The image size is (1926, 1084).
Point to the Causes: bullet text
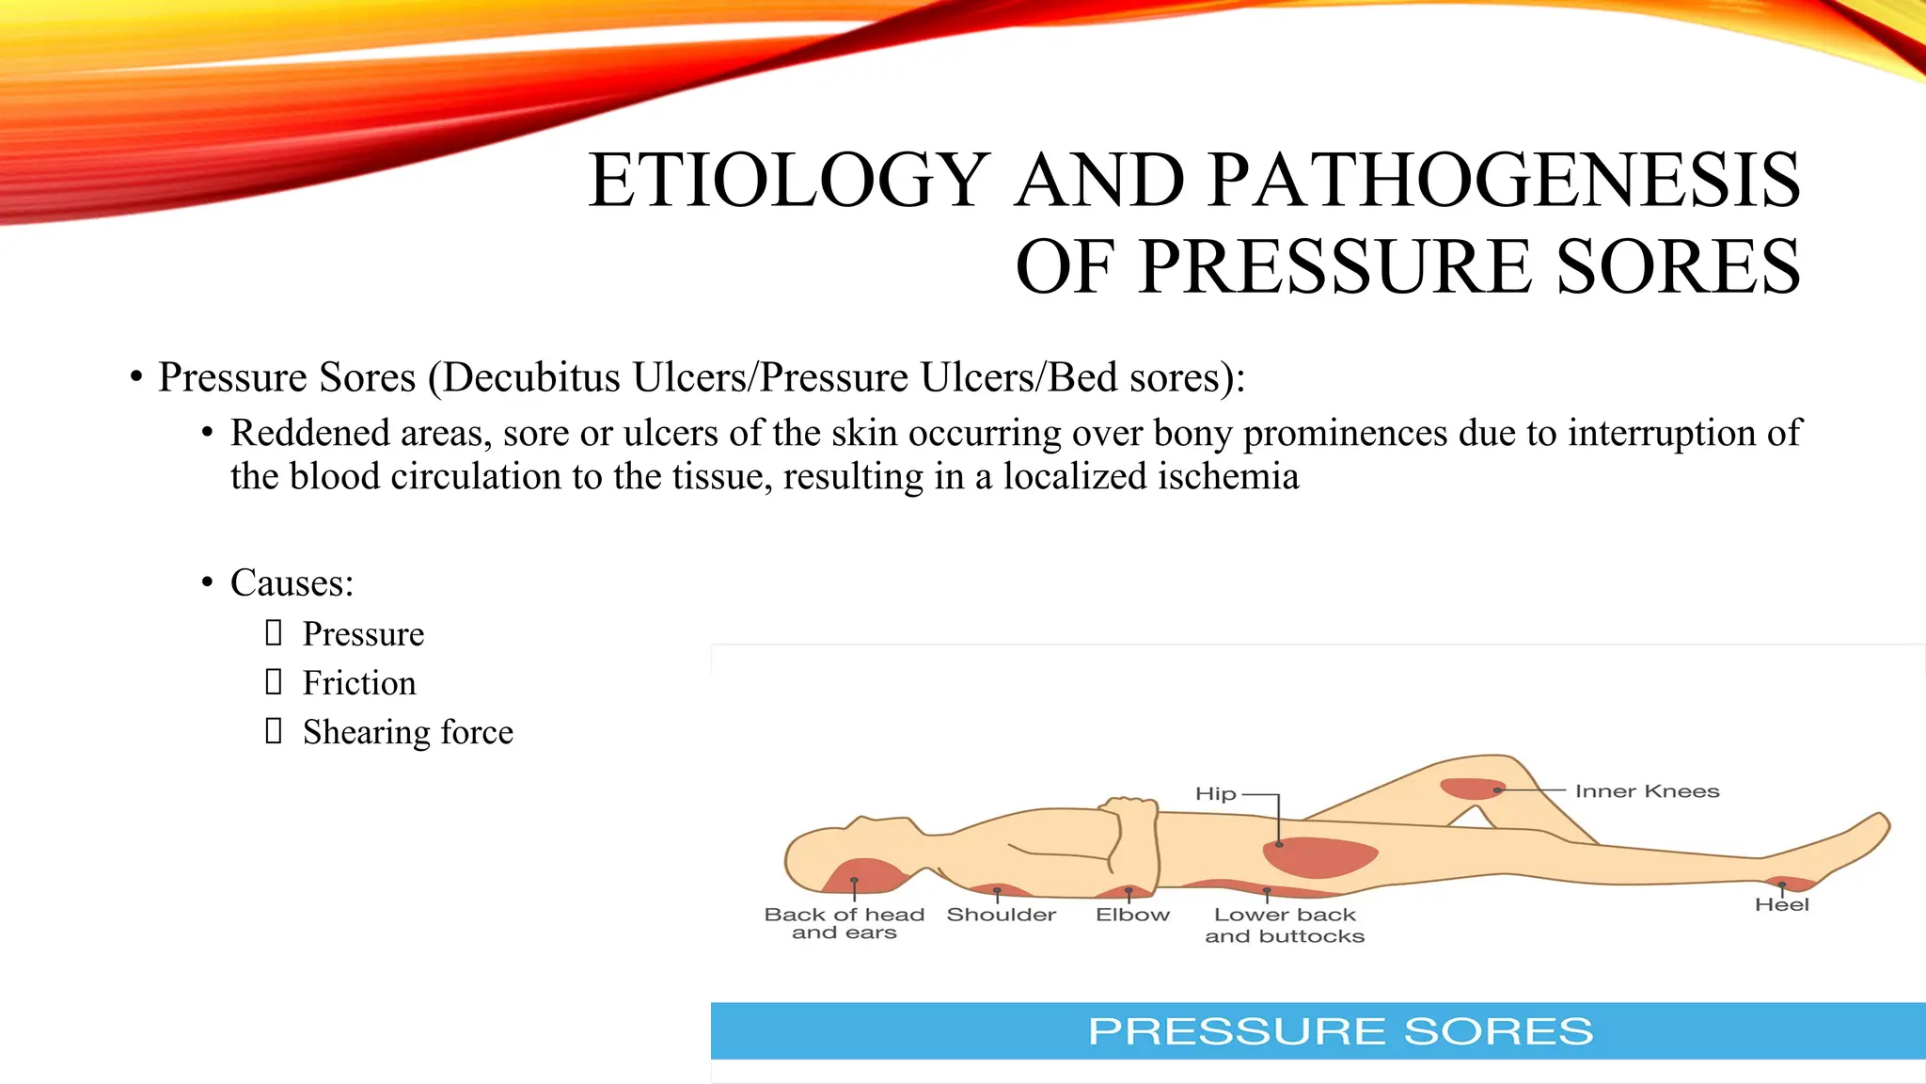292,583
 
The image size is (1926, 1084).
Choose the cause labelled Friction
358,683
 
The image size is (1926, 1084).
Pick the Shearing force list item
407,732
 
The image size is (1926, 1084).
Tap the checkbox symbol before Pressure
274,633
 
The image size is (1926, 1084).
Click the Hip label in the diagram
1215,794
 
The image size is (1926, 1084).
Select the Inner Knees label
1647,791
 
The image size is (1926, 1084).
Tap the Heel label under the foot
1781,905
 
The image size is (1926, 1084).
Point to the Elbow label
1132,915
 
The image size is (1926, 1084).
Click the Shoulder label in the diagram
1001,915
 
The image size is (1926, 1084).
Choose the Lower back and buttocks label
1285,925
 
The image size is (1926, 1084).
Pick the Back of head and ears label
844,923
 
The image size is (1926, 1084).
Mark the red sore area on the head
863,875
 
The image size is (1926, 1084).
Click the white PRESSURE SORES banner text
1340,1031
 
